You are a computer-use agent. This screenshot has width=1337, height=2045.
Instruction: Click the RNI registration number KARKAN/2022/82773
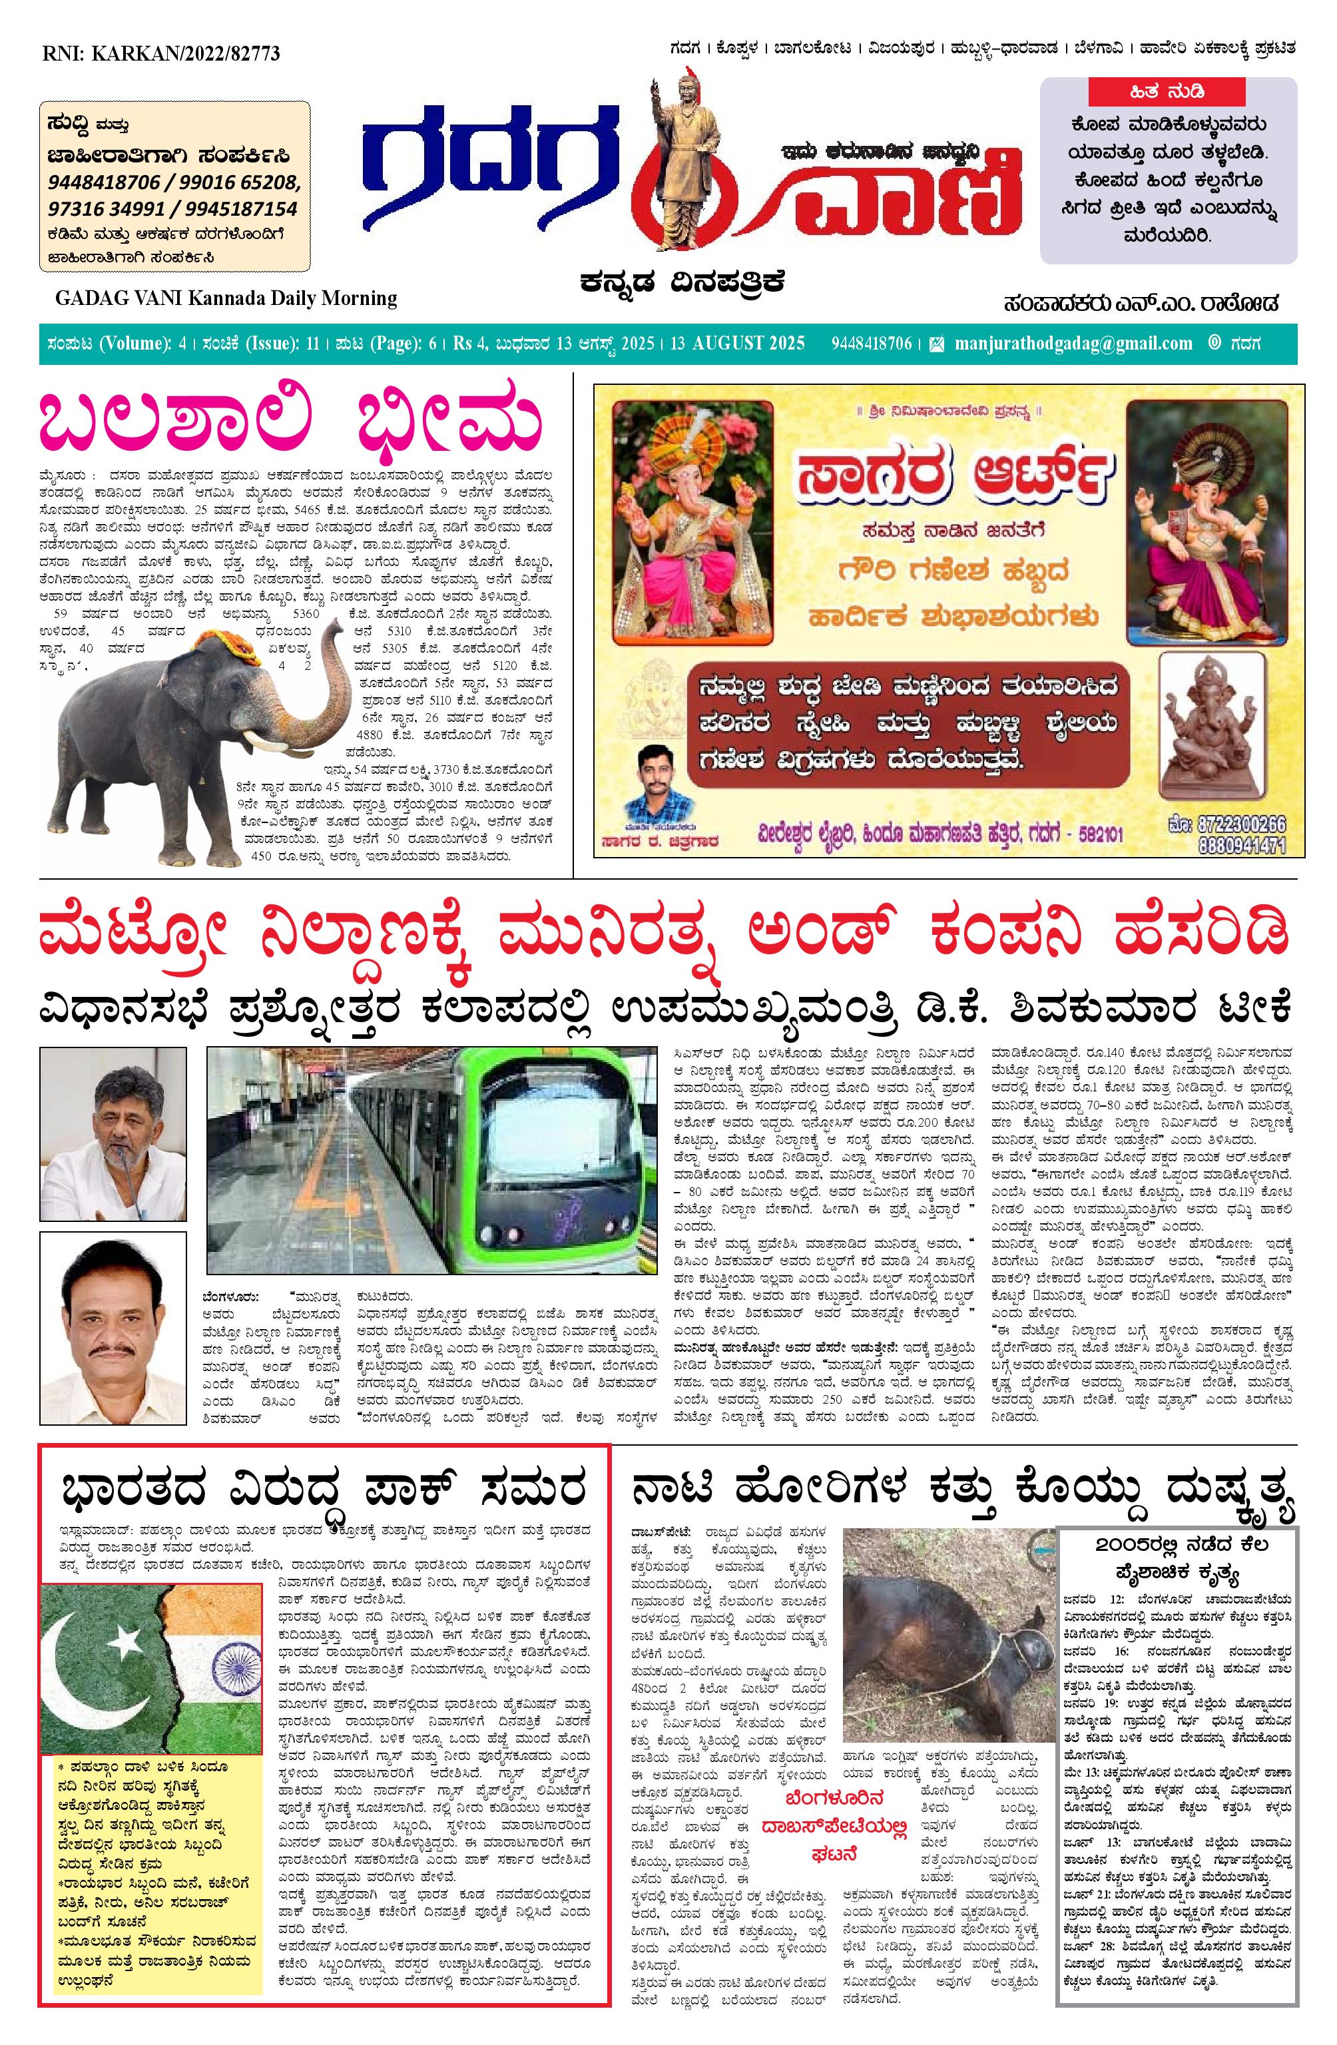(x=162, y=53)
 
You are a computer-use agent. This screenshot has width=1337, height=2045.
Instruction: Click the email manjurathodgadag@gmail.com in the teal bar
(x=1073, y=344)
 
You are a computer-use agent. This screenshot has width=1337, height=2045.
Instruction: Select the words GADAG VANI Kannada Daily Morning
(x=226, y=298)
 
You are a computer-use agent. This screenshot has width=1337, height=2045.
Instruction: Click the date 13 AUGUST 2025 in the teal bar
(x=737, y=344)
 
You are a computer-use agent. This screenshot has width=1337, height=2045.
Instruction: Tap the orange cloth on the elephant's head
(x=230, y=645)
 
